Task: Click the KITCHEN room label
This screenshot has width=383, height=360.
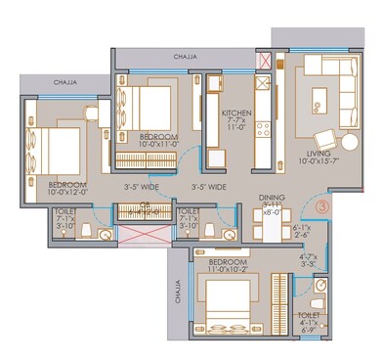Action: tap(237, 112)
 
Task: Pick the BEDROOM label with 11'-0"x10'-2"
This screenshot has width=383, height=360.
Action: tap(221, 264)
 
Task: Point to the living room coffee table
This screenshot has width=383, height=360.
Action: tap(319, 101)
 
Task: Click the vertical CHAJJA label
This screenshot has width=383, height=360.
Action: tap(179, 293)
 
